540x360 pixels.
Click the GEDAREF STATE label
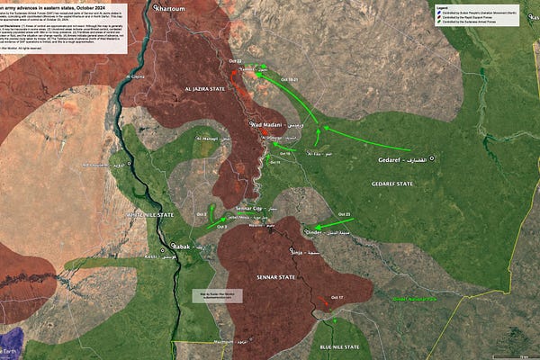click(391, 184)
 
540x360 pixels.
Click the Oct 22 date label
click(236, 61)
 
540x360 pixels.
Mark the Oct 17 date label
click(337, 298)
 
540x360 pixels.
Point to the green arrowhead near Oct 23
click(310, 227)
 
